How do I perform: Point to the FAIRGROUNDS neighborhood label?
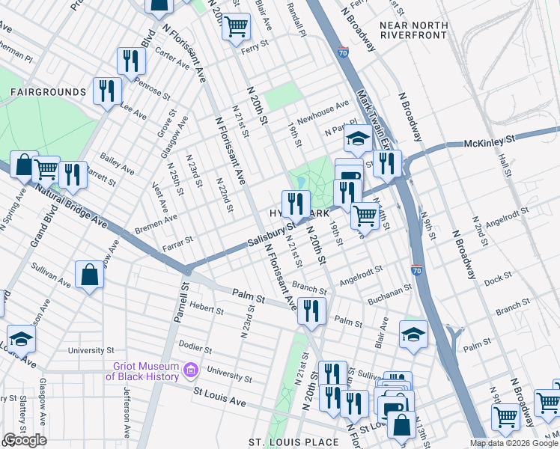(48, 92)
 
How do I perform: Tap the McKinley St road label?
(490, 140)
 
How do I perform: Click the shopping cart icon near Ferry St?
(237, 27)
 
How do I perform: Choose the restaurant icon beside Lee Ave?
(107, 91)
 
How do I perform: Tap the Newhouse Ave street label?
(323, 109)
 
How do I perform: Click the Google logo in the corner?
(25, 440)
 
